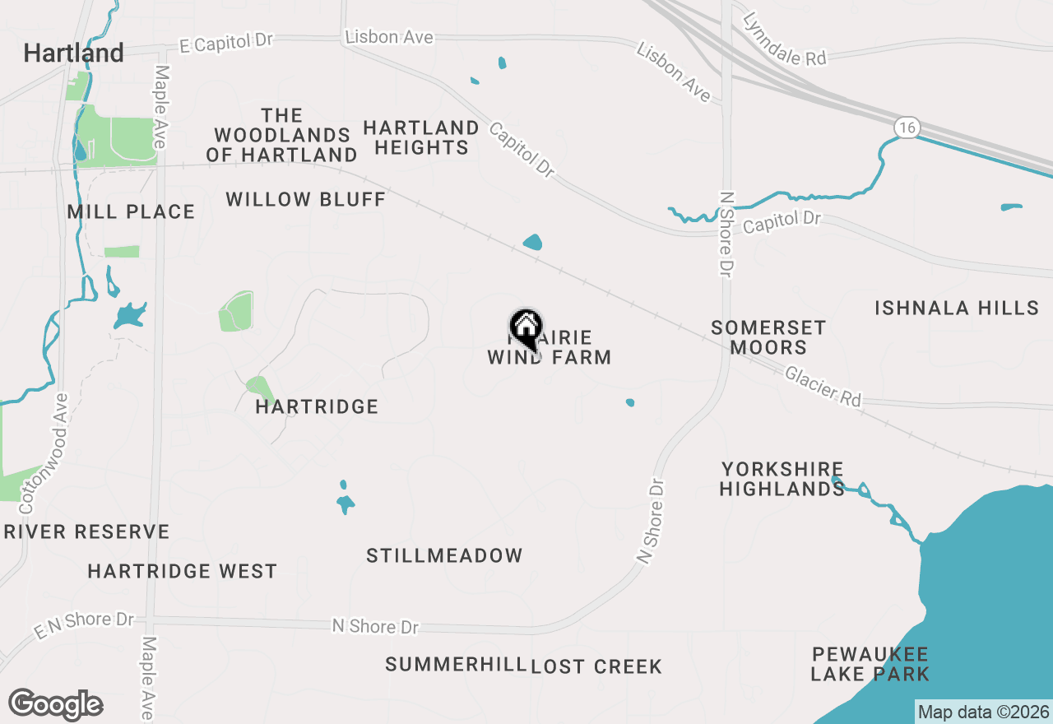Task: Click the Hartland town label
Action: point(74,53)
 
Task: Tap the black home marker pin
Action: point(526,328)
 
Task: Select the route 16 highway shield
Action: point(907,128)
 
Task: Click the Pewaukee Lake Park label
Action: point(870,665)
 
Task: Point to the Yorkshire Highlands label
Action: point(782,479)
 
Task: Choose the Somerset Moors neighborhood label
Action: point(768,337)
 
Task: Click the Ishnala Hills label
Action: point(957,309)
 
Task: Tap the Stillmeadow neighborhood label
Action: point(444,555)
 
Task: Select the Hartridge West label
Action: point(183,571)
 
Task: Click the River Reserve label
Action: point(86,532)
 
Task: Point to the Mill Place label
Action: point(132,212)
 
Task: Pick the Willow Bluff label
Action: point(306,199)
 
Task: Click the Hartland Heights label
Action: point(421,137)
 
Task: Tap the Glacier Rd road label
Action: point(823,387)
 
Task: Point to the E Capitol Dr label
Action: point(225,43)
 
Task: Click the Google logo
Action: point(55,705)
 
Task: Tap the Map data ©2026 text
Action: point(983,712)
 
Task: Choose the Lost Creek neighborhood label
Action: point(596,666)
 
